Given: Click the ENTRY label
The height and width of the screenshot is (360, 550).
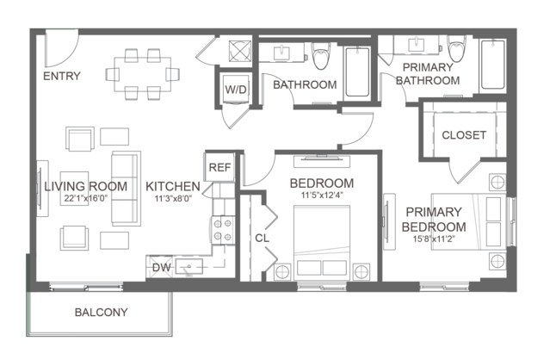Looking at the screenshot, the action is point(62,76).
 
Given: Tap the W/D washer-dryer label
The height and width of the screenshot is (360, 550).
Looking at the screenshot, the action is point(236,90).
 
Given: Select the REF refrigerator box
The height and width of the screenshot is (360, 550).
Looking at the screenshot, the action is point(220,167).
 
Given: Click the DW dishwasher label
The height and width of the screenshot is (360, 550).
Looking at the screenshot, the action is point(161,267).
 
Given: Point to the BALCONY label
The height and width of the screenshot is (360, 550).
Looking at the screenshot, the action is point(101,312).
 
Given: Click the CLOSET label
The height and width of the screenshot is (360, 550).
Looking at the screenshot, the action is point(464,135).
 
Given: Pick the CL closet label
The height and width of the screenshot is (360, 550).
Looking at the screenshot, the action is point(262,239).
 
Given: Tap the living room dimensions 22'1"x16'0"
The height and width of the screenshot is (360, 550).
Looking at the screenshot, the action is point(85,198).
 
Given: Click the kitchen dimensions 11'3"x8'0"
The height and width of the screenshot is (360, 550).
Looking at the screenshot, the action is point(173,199).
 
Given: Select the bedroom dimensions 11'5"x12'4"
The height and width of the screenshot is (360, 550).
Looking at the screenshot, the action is point(322,196).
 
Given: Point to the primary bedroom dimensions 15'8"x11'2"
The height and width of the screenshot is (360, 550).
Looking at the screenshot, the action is point(434,239).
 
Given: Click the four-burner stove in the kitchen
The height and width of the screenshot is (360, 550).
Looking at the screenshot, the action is point(223,230).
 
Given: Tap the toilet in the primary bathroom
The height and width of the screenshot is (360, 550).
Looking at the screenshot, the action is point(456,48).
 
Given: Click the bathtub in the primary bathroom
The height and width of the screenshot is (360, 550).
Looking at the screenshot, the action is point(493,65).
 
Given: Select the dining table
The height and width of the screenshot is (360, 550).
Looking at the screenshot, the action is point(143,74).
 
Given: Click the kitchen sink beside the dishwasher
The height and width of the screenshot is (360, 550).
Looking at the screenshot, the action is point(189,267).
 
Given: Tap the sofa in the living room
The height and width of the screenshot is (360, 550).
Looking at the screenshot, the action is point(126,189).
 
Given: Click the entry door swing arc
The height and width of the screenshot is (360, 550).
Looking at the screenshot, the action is point(70,56).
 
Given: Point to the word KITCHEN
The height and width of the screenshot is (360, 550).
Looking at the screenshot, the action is point(173,186).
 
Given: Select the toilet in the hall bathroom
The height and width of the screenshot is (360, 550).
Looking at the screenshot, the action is point(321,56).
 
